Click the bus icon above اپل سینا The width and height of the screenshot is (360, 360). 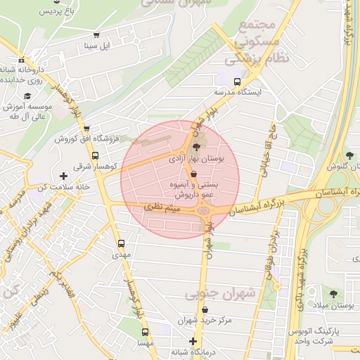(x=96, y=34)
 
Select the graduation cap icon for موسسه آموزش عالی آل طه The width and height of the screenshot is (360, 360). (x=27, y=96)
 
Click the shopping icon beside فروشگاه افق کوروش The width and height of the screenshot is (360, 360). (x=86, y=128)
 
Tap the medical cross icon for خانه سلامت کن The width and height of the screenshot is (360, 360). (x=64, y=176)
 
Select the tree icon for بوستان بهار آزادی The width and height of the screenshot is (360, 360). (x=195, y=148)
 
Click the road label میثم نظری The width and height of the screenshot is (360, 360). (x=163, y=208)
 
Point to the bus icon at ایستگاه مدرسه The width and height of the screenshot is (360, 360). (x=238, y=81)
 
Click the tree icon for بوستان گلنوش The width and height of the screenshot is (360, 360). (x=349, y=155)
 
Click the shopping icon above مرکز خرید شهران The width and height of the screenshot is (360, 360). (x=205, y=310)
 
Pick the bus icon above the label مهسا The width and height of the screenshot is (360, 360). (x=145, y=332)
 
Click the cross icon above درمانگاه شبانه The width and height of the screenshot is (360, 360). (x=193, y=341)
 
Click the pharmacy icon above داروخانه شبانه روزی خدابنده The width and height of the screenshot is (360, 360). (x=22, y=60)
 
